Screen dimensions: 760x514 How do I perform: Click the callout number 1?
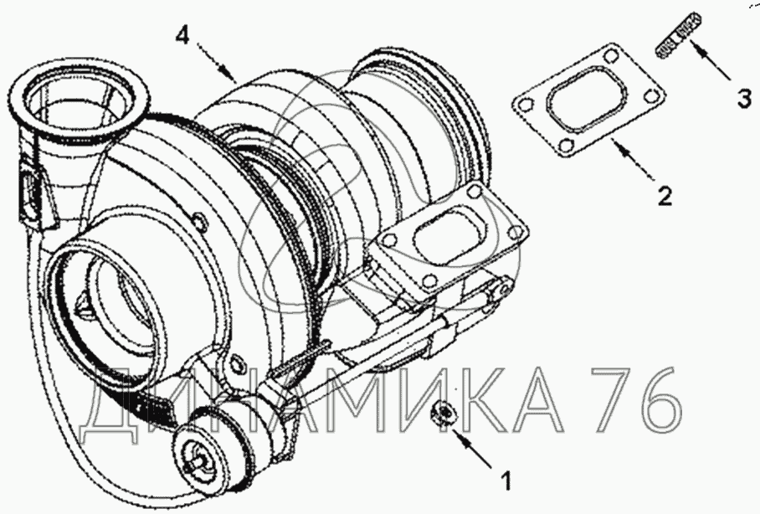pyautogui.click(x=506, y=481)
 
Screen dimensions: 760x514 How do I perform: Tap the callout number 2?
pyautogui.click(x=665, y=195)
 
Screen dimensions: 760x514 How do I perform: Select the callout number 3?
pyautogui.click(x=744, y=98)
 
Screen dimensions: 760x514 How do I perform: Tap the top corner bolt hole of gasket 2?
pyautogui.click(x=609, y=56)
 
